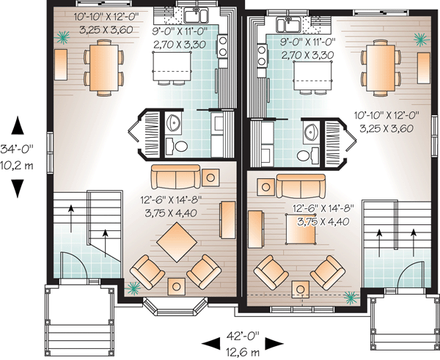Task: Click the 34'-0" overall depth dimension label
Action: (17, 149)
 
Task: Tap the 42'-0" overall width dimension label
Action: (243, 336)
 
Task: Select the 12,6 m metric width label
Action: (243, 352)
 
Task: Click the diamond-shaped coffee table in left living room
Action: (177, 242)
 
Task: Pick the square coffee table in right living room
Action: (300, 229)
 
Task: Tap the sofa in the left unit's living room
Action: (176, 177)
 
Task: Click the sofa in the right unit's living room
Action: (301, 186)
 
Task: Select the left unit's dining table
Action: (104, 67)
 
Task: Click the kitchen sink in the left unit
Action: (196, 15)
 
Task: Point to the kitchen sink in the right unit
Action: (288, 24)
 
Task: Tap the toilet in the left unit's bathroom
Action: (181, 146)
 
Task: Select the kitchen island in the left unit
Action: (172, 66)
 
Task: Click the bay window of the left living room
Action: (175, 306)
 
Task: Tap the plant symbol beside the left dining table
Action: (62, 37)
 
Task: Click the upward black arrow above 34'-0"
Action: (18, 125)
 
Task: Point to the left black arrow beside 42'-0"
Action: (210, 343)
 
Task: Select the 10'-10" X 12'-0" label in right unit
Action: (386, 115)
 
